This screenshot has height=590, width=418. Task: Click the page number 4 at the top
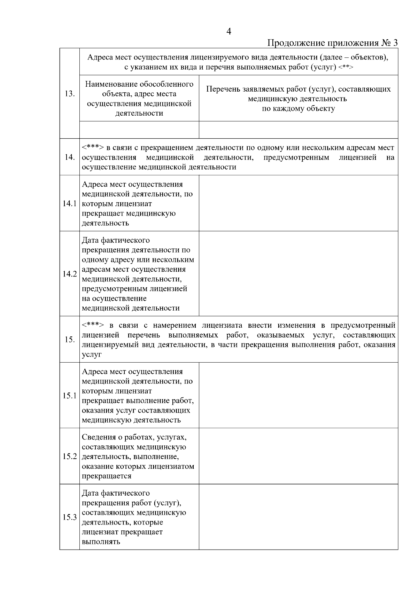[x=229, y=32]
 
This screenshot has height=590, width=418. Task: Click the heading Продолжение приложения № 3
[x=332, y=43]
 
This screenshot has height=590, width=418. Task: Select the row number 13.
[x=70, y=94]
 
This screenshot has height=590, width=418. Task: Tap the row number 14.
[x=70, y=157]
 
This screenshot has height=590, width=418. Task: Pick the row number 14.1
[x=70, y=204]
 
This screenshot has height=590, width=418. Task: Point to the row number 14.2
[x=70, y=274]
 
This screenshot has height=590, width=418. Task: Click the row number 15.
[x=70, y=340]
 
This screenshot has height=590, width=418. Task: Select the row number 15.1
[x=70, y=396]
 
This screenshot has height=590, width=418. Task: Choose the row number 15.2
[x=70, y=456]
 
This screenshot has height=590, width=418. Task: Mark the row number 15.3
[x=70, y=517]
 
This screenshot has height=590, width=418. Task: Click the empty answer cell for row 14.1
[x=298, y=203]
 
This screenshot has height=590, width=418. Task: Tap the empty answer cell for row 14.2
[x=298, y=274]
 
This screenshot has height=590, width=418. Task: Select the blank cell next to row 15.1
[x=298, y=395]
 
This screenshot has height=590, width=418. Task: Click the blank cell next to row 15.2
[x=298, y=456]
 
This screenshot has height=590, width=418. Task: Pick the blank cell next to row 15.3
[x=298, y=517]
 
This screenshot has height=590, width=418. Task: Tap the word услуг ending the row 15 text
[x=92, y=355]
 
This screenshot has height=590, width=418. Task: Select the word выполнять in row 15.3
[x=101, y=542]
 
